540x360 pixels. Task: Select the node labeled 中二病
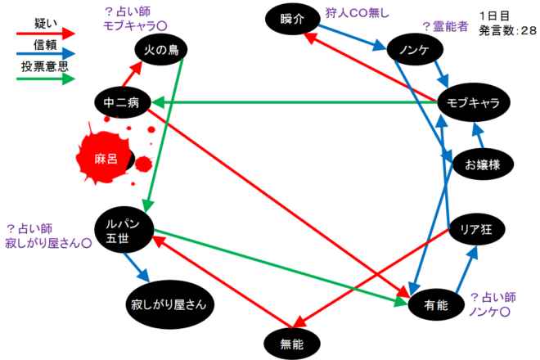[121, 102]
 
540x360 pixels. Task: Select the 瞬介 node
[292, 20]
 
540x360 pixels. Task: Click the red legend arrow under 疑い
[45, 34]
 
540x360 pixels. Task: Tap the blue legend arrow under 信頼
[45, 56]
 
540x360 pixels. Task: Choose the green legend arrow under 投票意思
[45, 79]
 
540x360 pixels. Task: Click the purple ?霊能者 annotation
[444, 26]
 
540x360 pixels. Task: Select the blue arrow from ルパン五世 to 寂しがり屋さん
[137, 266]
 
